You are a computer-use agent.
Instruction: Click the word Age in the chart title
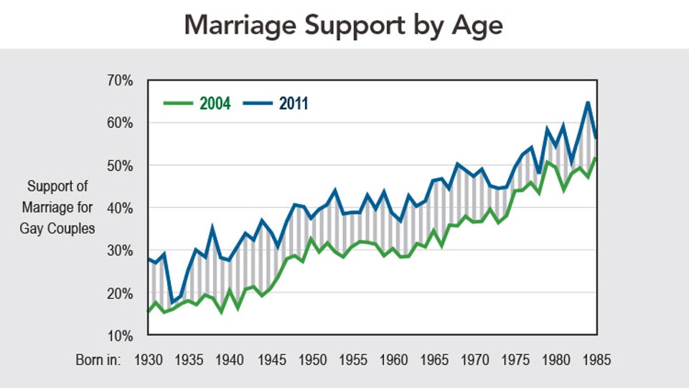(479, 25)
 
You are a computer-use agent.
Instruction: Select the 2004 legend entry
(215, 104)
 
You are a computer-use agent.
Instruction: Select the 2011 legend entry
(294, 104)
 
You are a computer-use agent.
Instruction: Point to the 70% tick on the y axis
(118, 80)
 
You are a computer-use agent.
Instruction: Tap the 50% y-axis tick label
(118, 165)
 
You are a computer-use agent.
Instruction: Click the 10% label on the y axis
(118, 336)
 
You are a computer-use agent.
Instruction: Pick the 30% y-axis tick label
(118, 251)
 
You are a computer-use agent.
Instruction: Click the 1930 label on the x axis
(147, 360)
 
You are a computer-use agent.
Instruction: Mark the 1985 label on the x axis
(596, 360)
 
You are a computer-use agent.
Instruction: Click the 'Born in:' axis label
(98, 360)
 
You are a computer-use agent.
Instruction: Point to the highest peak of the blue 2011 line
(589, 102)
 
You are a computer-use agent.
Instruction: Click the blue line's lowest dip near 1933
(172, 302)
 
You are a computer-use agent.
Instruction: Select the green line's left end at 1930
(148, 311)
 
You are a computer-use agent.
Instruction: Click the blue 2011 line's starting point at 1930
(148, 259)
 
